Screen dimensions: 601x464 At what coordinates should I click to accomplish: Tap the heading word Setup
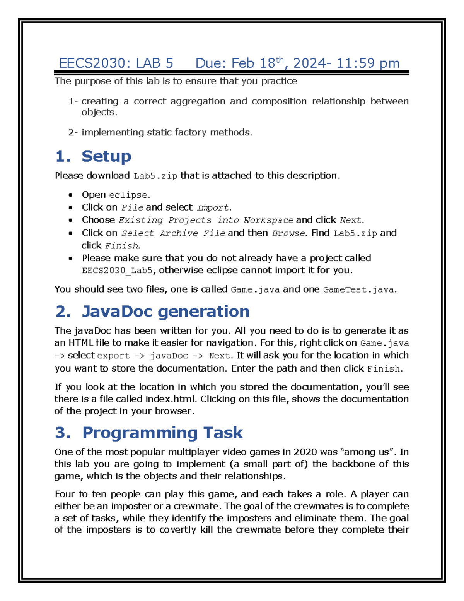(106, 156)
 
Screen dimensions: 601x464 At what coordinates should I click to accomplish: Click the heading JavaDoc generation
(165, 312)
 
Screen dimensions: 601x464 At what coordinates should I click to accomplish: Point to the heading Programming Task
(162, 433)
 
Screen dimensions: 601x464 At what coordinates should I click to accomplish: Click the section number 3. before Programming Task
(63, 433)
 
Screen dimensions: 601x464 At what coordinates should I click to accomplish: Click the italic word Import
(213, 208)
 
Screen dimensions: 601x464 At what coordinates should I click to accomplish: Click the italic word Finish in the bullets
(121, 246)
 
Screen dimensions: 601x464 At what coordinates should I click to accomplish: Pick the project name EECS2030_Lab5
(117, 271)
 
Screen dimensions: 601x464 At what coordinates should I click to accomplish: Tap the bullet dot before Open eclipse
(70, 195)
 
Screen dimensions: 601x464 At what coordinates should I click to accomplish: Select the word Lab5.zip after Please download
(155, 176)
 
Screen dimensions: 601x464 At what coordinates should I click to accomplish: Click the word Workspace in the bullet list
(268, 221)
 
